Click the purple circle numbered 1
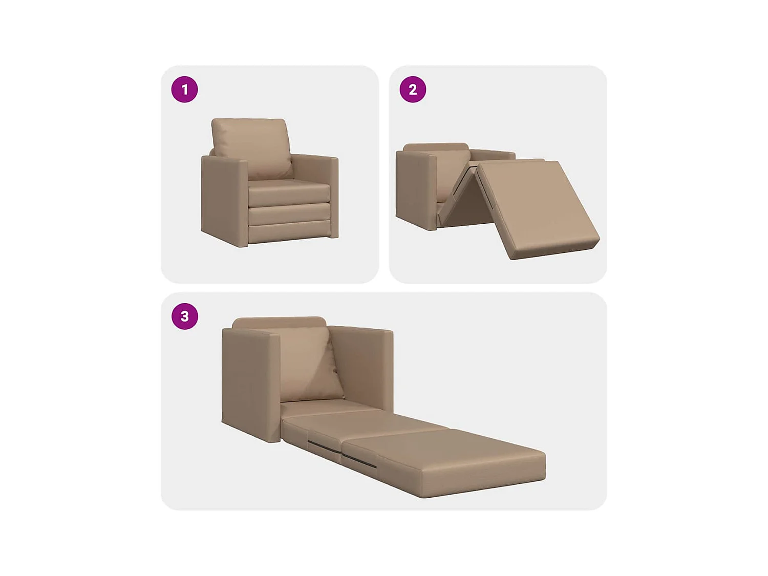point(184,90)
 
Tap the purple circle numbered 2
point(413,90)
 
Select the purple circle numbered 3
point(184,316)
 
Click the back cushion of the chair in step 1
point(251,139)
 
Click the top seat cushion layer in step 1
point(288,192)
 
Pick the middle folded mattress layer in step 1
point(289,214)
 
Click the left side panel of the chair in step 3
point(250,384)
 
